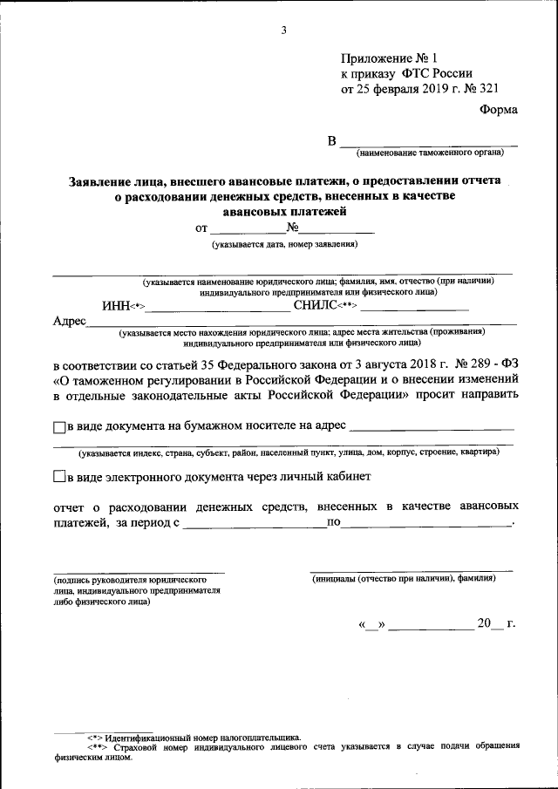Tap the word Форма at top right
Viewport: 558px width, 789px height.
pos(498,110)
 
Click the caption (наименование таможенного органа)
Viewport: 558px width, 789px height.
pos(430,153)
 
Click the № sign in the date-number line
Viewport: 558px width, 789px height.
pos(293,228)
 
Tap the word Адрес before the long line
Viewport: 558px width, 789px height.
pos(70,321)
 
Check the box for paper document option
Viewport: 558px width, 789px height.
pos(59,427)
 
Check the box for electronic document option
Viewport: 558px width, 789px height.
pos(59,477)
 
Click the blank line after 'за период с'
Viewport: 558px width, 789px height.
pos(254,523)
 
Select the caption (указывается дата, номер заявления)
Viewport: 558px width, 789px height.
pos(285,244)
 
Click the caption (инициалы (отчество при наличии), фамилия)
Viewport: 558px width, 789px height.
pos(405,578)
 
